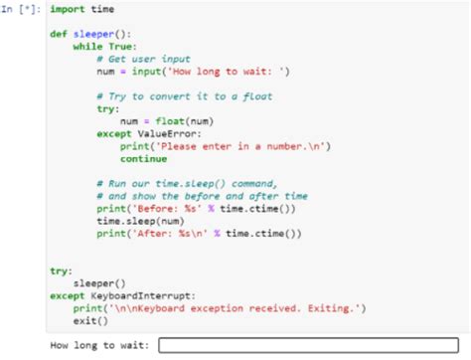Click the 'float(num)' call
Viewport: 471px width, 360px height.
click(x=179, y=121)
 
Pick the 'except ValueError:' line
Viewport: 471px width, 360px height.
click(x=149, y=133)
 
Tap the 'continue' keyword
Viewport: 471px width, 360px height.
click(x=143, y=158)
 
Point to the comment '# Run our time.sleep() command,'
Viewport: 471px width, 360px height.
click(x=188, y=184)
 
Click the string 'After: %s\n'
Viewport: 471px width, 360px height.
click(x=166, y=234)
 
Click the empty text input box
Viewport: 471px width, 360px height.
click(x=307, y=346)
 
